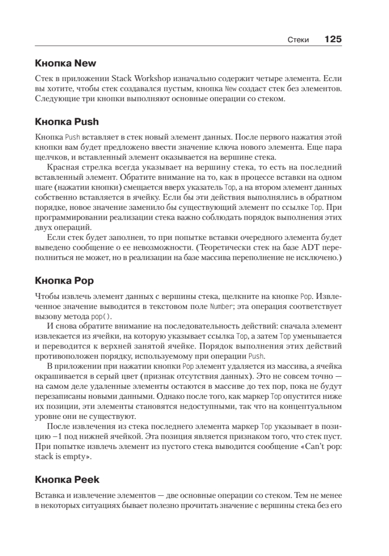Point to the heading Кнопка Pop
(x=64, y=280)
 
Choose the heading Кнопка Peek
(x=67, y=479)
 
